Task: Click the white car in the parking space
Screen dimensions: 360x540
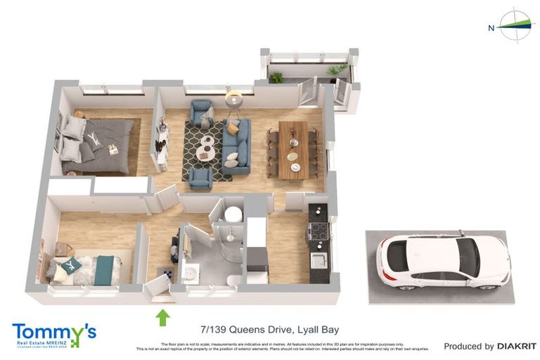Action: (x=443, y=261)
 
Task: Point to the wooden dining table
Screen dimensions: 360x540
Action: (x=293, y=149)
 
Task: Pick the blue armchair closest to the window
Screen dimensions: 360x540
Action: (x=202, y=112)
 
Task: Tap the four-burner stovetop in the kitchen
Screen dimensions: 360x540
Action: (x=317, y=233)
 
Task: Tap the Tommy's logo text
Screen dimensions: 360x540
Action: (x=53, y=332)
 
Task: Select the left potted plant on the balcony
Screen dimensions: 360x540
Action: (x=276, y=77)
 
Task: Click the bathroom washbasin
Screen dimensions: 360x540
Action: (x=191, y=271)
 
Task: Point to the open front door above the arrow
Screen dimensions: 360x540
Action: (x=158, y=288)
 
